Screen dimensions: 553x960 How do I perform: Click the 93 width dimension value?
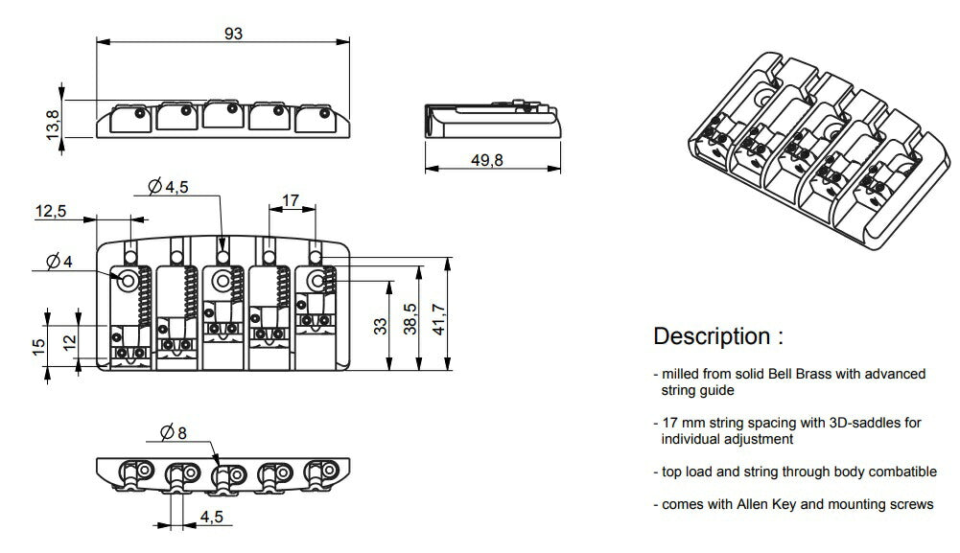[233, 33]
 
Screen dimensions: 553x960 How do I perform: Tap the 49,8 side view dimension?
[487, 160]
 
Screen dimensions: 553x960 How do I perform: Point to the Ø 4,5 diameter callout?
[169, 188]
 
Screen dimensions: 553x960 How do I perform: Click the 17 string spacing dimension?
[292, 201]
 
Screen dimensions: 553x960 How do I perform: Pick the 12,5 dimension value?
[51, 211]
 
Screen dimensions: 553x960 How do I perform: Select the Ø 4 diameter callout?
[59, 261]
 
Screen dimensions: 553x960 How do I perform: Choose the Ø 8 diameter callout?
[174, 432]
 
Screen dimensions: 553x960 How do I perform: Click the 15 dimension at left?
[37, 344]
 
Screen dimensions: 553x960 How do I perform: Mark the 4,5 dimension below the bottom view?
[213, 518]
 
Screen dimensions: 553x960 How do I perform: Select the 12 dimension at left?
[69, 342]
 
